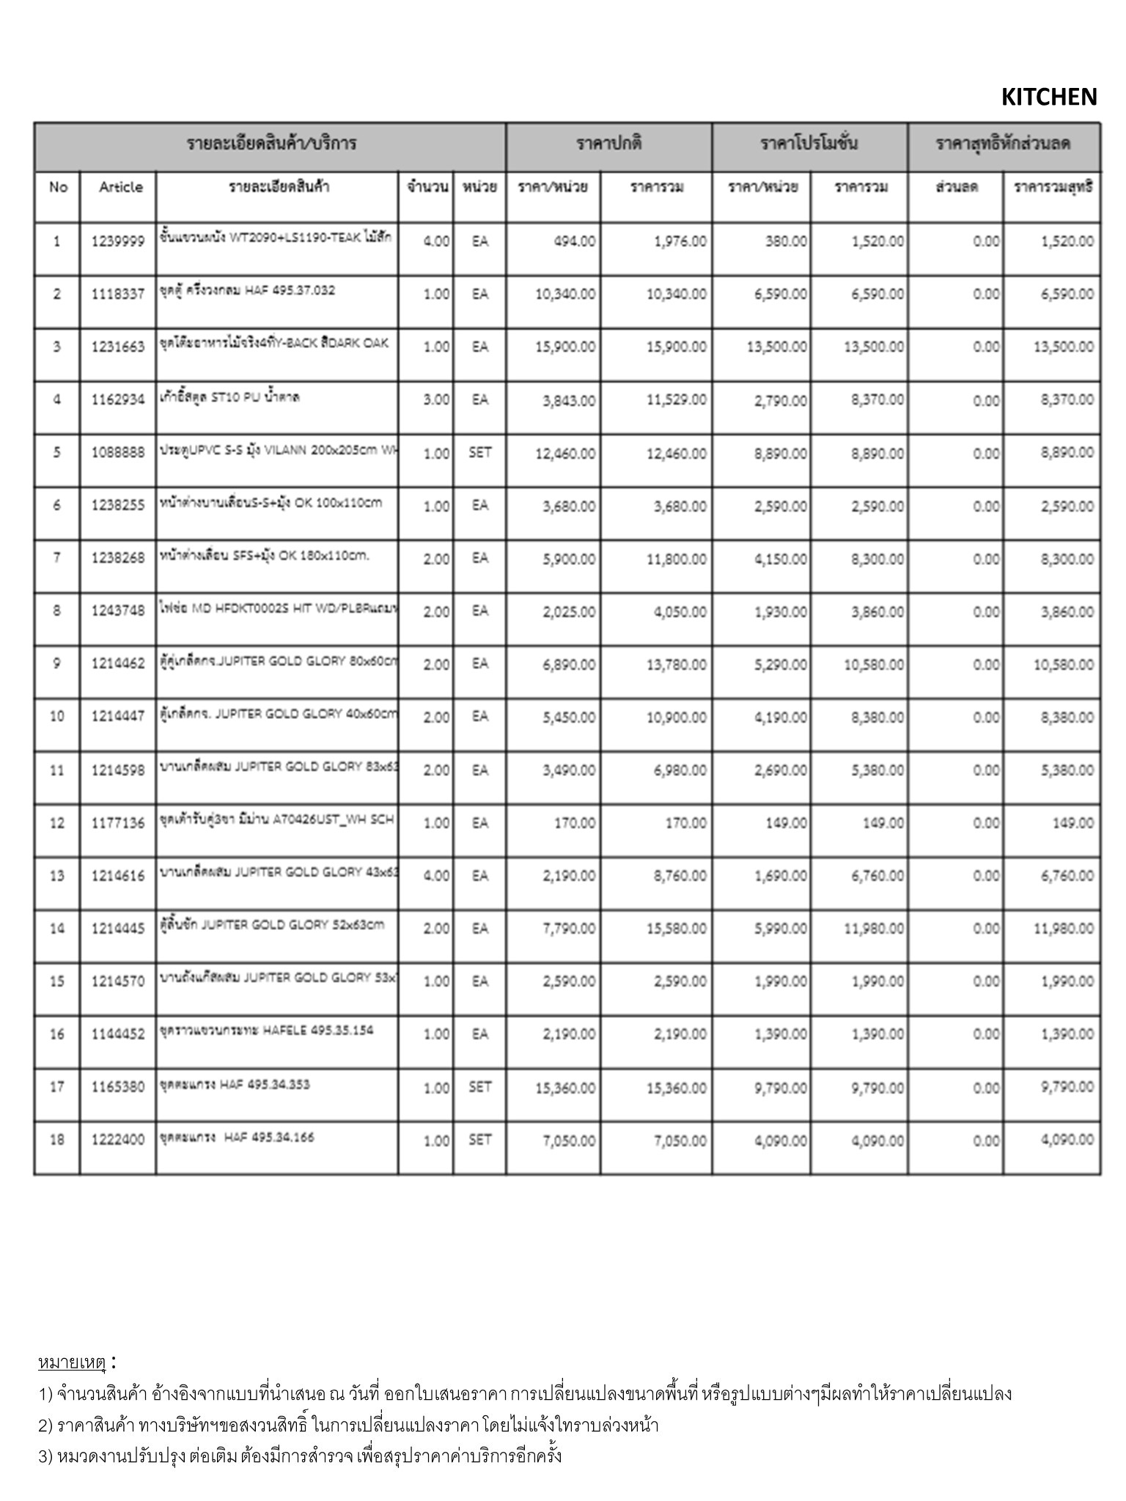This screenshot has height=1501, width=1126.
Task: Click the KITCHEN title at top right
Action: point(1048,97)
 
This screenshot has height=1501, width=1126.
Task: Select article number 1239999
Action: point(118,241)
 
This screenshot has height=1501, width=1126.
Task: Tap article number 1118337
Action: point(118,295)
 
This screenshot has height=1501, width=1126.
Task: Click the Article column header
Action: point(121,187)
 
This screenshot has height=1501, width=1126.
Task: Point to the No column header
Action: point(58,187)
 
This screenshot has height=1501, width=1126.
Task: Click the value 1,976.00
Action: point(680,241)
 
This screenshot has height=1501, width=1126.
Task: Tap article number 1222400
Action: point(118,1140)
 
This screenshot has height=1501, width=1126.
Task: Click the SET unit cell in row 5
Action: point(479,453)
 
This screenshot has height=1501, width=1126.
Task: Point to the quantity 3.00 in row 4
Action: point(436,400)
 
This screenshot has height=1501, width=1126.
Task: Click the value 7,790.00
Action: point(569,929)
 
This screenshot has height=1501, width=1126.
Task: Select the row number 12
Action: point(57,823)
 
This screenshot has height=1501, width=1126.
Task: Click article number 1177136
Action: point(118,823)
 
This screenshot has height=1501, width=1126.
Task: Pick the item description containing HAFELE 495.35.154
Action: point(267,1030)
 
